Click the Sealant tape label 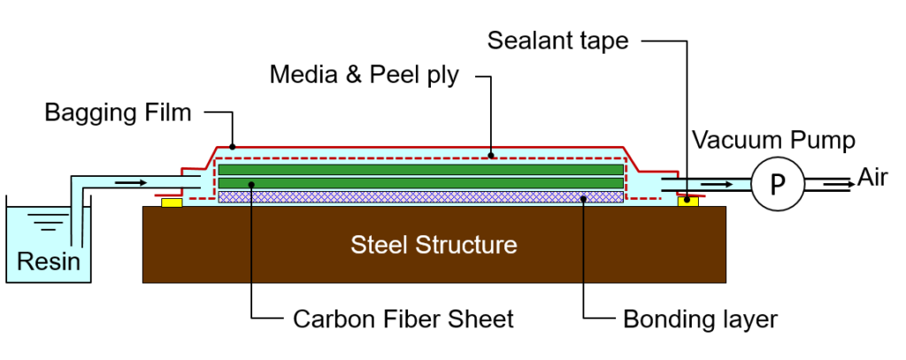pyautogui.click(x=557, y=41)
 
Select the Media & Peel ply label pyautogui.click(x=365, y=74)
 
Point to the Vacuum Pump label pyautogui.click(x=773, y=140)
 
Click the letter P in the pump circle pyautogui.click(x=778, y=184)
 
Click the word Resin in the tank pyautogui.click(x=49, y=261)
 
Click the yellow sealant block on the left pyautogui.click(x=172, y=203)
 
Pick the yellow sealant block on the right pyautogui.click(x=687, y=203)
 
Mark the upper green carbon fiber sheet pyautogui.click(x=420, y=169)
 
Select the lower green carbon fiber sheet pyautogui.click(x=420, y=183)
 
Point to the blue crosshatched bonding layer pyautogui.click(x=420, y=196)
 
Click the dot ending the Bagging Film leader pyautogui.click(x=233, y=146)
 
